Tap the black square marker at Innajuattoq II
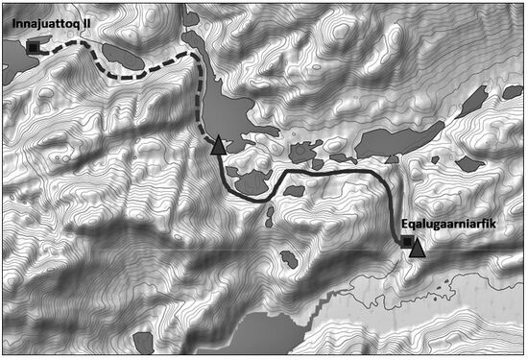[x=35, y=45]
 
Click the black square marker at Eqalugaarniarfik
[x=406, y=242]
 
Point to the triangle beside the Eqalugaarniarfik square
[x=417, y=249]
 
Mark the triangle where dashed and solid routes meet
[x=219, y=146]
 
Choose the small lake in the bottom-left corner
[x=144, y=342]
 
